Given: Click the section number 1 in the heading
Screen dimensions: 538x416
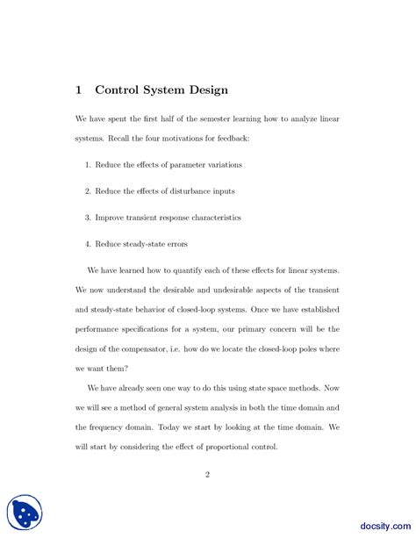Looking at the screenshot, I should tap(78, 90).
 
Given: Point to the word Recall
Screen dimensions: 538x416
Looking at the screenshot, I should tap(121, 139).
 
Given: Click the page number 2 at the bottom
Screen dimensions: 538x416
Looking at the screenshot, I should tap(208, 475).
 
